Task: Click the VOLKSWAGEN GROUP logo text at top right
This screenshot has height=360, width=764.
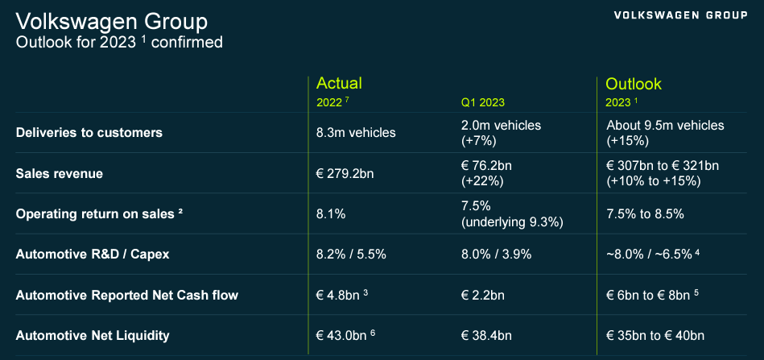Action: (x=680, y=15)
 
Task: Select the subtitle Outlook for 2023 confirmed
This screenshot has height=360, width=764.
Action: (x=119, y=42)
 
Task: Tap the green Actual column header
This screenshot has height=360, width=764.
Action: (x=339, y=83)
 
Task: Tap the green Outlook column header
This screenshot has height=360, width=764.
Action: (x=633, y=84)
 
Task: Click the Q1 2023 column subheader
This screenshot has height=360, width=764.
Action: (x=482, y=102)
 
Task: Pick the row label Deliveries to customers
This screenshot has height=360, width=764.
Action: (x=89, y=132)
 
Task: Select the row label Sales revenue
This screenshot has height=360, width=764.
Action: (x=60, y=173)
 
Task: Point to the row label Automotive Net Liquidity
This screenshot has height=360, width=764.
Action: (x=93, y=335)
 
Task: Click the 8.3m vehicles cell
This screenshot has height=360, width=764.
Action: (x=356, y=133)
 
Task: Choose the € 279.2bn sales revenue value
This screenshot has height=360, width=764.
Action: (x=351, y=173)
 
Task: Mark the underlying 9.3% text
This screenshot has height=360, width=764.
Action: (x=511, y=221)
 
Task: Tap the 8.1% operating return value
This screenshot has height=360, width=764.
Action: (x=332, y=214)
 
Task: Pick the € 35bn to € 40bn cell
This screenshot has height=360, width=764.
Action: (x=655, y=335)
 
